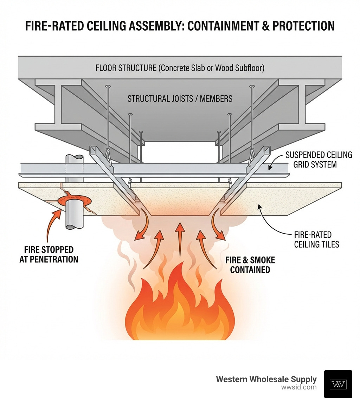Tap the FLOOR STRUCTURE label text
tap(180, 68)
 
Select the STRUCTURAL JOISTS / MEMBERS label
tap(180, 99)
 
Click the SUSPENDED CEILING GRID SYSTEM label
tap(319, 159)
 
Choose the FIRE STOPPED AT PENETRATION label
tap(49, 254)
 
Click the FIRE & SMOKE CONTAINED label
tap(250, 265)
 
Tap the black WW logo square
tap(338, 384)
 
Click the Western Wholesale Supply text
tap(266, 379)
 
